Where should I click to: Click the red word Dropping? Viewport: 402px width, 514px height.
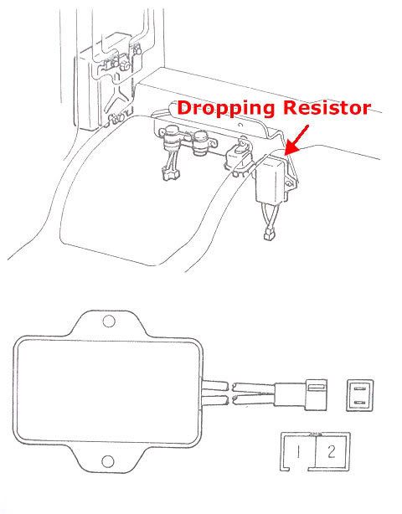click(x=226, y=109)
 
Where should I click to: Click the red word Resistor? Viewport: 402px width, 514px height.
click(x=327, y=107)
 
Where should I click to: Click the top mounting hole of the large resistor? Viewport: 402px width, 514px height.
click(x=109, y=321)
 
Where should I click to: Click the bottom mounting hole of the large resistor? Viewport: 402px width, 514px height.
click(x=108, y=461)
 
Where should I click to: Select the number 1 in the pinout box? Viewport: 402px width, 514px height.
click(x=298, y=452)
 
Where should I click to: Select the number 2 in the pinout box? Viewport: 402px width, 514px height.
click(x=332, y=452)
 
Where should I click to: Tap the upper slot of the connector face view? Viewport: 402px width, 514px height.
click(x=360, y=388)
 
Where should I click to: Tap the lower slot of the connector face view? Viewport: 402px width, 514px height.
click(x=360, y=402)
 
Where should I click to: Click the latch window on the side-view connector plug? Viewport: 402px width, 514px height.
click(x=316, y=388)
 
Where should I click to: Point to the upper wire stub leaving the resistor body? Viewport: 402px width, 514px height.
click(x=215, y=385)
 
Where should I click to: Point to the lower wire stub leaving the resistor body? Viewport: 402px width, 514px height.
click(x=215, y=400)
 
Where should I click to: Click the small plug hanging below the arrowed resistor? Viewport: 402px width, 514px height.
click(x=269, y=234)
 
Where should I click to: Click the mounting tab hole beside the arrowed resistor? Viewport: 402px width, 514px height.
click(x=288, y=184)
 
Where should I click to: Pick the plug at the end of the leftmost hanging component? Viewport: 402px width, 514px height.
click(x=170, y=173)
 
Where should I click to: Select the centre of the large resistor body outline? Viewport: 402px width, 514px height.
click(x=108, y=391)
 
